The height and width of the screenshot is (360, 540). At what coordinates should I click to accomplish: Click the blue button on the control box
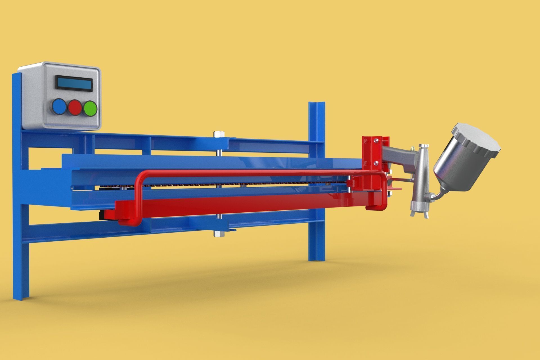click(x=59, y=107)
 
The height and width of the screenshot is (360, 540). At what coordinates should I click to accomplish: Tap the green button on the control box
click(x=90, y=108)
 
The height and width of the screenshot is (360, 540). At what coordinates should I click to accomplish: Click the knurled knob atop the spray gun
click(x=424, y=146)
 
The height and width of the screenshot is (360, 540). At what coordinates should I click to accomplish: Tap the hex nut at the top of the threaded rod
click(x=218, y=134)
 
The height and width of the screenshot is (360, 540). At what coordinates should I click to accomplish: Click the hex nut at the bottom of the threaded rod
click(x=218, y=234)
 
